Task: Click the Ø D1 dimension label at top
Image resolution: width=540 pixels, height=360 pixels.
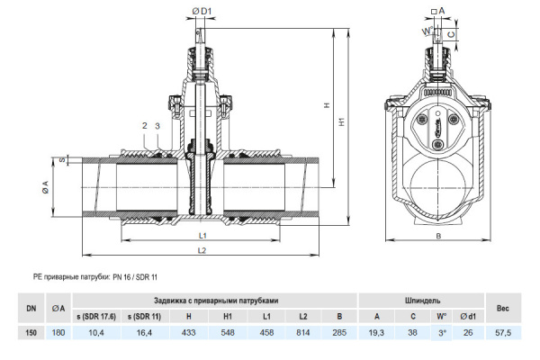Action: pyautogui.click(x=202, y=11)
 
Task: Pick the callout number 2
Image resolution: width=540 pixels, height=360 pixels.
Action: pyautogui.click(x=143, y=125)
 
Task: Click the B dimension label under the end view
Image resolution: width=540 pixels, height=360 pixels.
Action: pyautogui.click(x=438, y=236)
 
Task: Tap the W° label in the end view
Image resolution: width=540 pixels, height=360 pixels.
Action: pyautogui.click(x=426, y=31)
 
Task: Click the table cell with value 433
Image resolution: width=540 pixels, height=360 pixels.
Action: pyautogui.click(x=188, y=333)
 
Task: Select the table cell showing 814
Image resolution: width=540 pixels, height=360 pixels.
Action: pyautogui.click(x=303, y=333)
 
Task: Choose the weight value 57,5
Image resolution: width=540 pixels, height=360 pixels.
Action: pyautogui.click(x=503, y=333)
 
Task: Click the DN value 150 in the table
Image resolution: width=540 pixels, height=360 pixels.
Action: pyautogui.click(x=31, y=333)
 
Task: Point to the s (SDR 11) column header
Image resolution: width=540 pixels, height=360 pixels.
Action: pyautogui.click(x=143, y=316)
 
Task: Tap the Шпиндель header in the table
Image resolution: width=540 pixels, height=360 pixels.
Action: pyautogui.click(x=421, y=300)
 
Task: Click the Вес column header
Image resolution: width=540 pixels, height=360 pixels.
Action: pyautogui.click(x=503, y=308)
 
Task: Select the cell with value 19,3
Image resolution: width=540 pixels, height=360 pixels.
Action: pyautogui.click(x=377, y=333)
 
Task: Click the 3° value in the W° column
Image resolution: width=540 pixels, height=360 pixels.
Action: pyautogui.click(x=442, y=333)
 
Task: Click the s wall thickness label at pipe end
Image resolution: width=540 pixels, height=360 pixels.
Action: pyautogui.click(x=64, y=160)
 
